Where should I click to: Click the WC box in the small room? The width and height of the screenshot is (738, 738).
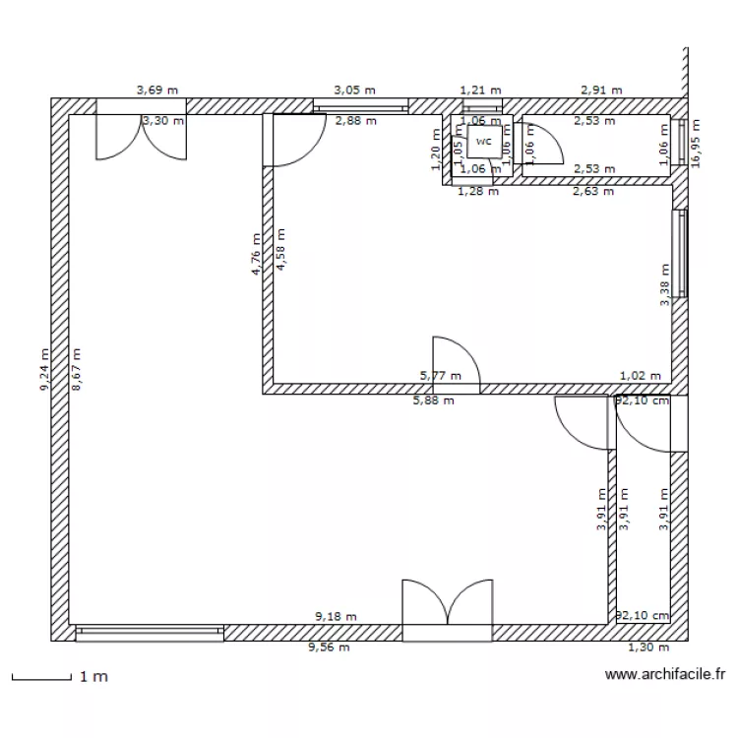482,142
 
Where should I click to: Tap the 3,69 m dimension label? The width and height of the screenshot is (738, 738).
156,90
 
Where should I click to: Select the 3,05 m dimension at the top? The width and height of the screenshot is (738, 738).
354,90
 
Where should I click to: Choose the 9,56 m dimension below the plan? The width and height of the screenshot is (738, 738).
329,647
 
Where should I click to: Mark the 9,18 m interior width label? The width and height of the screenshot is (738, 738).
336,617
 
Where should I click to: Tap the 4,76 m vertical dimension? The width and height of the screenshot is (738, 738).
255,254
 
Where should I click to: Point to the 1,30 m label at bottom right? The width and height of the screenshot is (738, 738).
647,647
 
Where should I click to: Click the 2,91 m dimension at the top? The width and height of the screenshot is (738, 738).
601,90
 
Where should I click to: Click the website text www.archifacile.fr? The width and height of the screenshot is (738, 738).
665,675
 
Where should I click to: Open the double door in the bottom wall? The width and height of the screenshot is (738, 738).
448,610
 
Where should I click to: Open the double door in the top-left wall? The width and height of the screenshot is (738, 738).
140,133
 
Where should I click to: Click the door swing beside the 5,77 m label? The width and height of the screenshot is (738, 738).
455,362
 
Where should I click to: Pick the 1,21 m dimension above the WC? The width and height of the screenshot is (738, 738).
481,90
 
